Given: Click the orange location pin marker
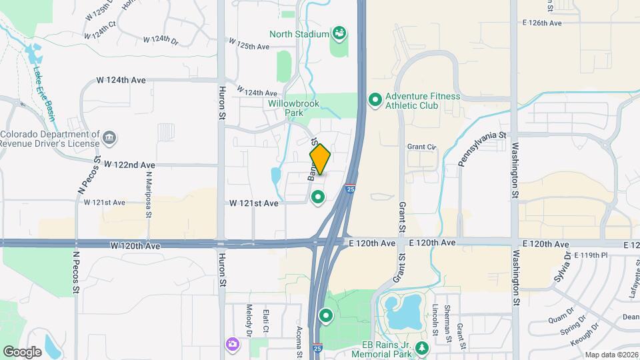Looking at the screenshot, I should coord(320,159).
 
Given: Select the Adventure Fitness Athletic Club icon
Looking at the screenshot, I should coord(375,101).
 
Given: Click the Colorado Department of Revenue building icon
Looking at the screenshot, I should coord(110,139).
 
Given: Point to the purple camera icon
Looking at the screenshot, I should coord(232,343).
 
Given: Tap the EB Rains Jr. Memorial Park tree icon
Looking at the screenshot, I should coord(421,348).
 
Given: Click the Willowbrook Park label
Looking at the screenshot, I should coord(294,109).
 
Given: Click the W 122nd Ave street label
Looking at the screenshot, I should coord(130,165).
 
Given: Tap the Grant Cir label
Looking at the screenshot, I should coord(421,147).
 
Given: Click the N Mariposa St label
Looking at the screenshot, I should coord(149,193).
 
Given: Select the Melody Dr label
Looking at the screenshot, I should coord(248,321).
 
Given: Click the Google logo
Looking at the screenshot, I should coord(22,351).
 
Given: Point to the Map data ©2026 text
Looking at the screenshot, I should coord(611,355).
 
